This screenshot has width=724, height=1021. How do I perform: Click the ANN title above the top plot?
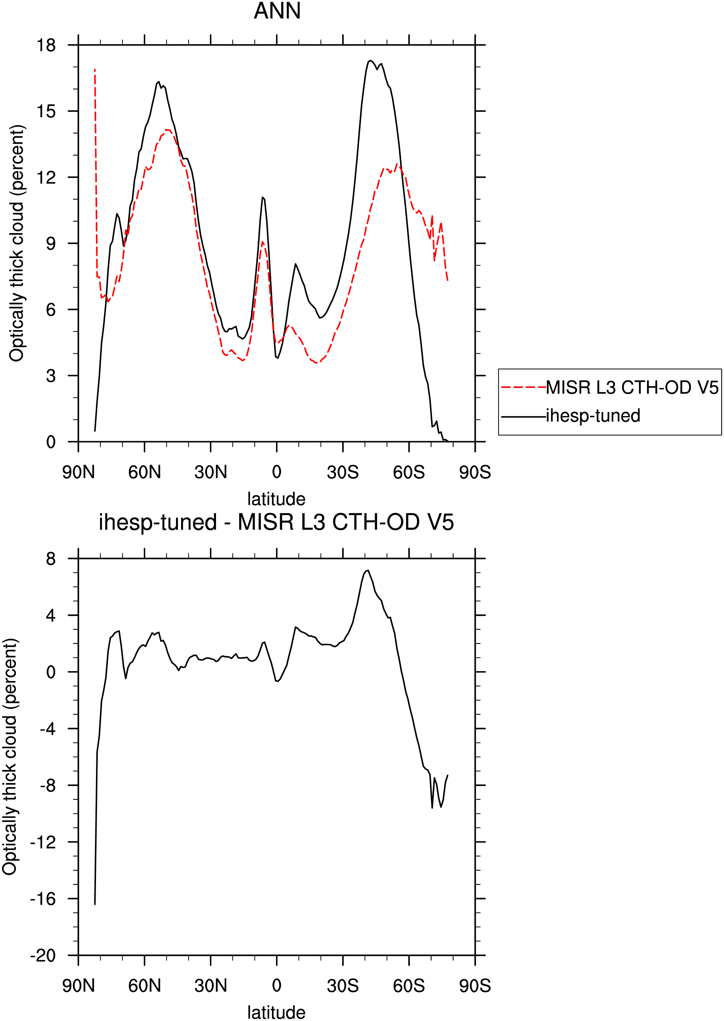coord(277,11)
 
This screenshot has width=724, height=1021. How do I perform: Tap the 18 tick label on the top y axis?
coord(46,45)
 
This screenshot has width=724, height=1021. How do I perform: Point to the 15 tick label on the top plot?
coord(46,111)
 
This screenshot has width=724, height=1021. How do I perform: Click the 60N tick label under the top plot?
coord(144,472)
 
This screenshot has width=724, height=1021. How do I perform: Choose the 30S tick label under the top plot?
coord(343,472)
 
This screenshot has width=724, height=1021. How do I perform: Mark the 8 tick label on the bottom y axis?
coord(51,558)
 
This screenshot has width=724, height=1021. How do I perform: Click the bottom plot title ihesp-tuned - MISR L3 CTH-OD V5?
coord(276,522)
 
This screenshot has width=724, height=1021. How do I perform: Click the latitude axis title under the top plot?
coord(276,499)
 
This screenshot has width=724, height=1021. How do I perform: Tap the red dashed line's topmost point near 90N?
coord(95,69)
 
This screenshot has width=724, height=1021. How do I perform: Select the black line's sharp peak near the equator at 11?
coord(262,197)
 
